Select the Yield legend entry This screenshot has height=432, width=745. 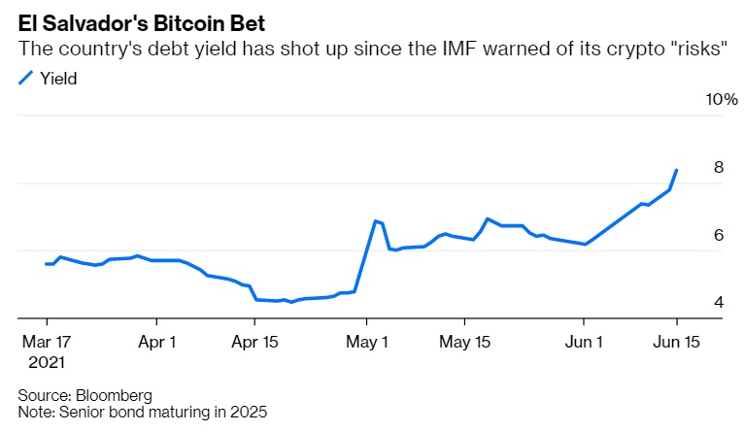[x=57, y=80]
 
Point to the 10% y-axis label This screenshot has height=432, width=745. [x=722, y=100]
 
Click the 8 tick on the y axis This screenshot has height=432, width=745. [x=719, y=167]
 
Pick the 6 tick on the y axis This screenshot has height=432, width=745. [x=719, y=235]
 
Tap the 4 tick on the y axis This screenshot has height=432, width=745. [x=719, y=302]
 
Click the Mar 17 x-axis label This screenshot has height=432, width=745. [x=46, y=342]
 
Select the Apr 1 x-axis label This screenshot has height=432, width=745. [x=156, y=342]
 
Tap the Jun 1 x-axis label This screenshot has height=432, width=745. [x=584, y=342]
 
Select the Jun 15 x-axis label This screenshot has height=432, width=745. [x=677, y=342]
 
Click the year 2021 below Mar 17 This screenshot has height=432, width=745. [x=46, y=362]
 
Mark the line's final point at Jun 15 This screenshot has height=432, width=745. [x=676, y=170]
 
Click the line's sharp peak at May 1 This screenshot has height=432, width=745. [x=375, y=221]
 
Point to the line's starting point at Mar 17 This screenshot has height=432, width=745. [x=47, y=264]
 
